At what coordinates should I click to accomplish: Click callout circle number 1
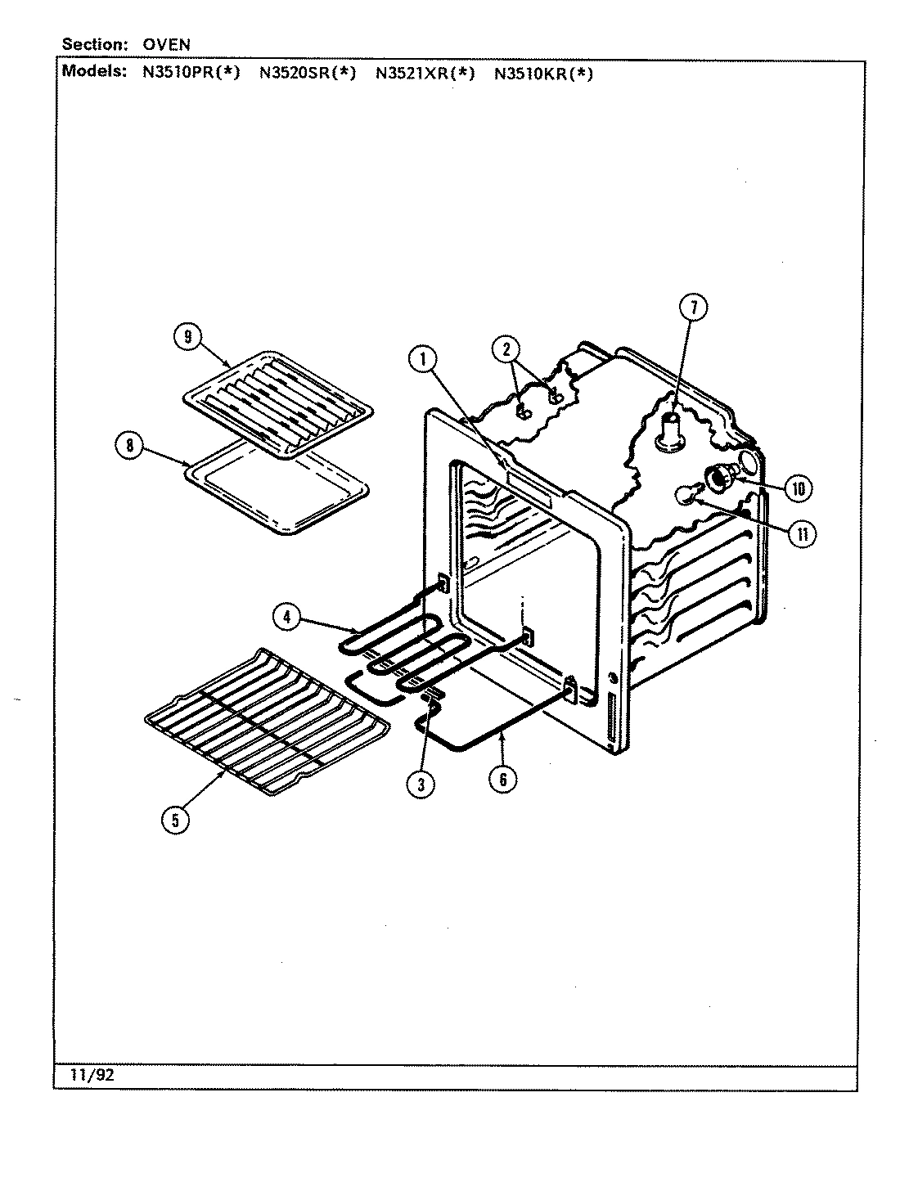[423, 359]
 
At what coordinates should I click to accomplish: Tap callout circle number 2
[506, 350]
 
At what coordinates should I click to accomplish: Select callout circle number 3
[420, 784]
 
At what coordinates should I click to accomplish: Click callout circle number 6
[502, 779]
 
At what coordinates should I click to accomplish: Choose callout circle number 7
[692, 308]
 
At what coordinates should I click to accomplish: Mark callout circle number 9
[187, 337]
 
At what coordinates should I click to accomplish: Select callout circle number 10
[798, 488]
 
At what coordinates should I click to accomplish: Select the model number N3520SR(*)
[308, 73]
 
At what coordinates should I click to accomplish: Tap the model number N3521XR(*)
[425, 73]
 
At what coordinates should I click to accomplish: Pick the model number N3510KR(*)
[542, 73]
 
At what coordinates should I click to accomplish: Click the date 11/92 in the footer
[92, 1076]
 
